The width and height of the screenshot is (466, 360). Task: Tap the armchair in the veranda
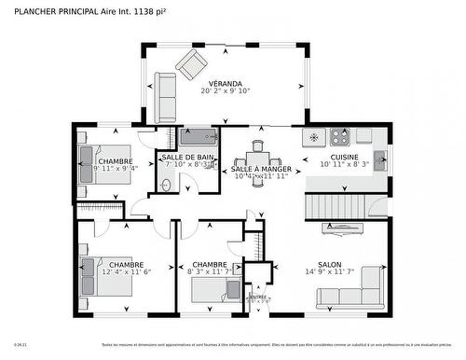coord(194,64)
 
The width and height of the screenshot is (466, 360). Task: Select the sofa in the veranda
coord(166,97)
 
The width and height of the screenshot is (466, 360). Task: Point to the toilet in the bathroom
coord(166,185)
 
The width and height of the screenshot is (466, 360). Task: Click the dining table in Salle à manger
coord(258,157)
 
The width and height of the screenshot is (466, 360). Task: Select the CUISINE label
coord(345,157)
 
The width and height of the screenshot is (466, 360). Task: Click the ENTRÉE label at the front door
coord(257,296)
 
